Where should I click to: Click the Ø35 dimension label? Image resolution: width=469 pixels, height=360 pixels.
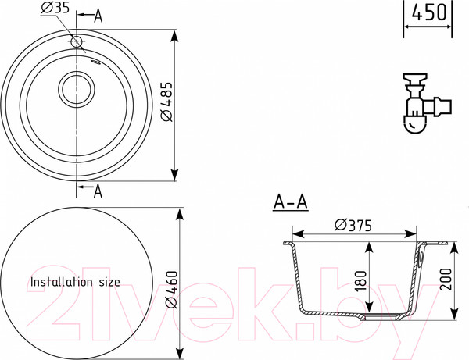[55, 8]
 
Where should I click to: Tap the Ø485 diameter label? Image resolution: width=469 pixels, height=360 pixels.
[166, 102]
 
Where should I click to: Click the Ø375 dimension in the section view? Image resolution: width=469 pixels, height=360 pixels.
[353, 225]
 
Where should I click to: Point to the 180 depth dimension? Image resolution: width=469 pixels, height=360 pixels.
[360, 281]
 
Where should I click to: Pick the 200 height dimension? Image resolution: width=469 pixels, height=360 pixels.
[446, 280]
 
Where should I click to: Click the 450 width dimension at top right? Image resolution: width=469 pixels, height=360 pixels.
[428, 12]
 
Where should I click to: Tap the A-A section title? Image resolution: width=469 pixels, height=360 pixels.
[291, 202]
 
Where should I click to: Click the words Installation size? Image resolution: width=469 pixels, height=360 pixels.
[75, 282]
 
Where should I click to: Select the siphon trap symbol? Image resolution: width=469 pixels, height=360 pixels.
[426, 103]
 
